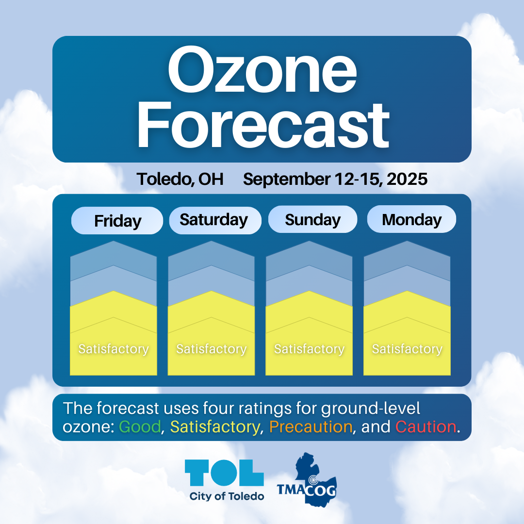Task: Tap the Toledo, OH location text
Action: [x=180, y=179]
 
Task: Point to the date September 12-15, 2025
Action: [x=335, y=179]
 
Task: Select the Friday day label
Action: [x=117, y=221]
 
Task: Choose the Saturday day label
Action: [x=214, y=220]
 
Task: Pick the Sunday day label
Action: [x=313, y=220]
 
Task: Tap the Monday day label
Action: [x=412, y=220]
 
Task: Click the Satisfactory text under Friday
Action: [x=114, y=349]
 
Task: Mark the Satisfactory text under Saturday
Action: [x=212, y=349]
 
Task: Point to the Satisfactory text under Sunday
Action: [x=310, y=349]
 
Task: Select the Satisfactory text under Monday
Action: [x=408, y=349]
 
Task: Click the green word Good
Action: [x=140, y=427]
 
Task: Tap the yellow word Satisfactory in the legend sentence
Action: [x=215, y=427]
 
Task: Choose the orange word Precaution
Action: [x=311, y=427]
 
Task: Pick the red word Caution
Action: [x=426, y=427]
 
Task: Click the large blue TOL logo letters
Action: [x=224, y=473]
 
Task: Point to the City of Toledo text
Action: [x=227, y=496]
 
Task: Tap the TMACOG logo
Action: [x=307, y=480]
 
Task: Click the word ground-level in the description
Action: [x=371, y=409]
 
